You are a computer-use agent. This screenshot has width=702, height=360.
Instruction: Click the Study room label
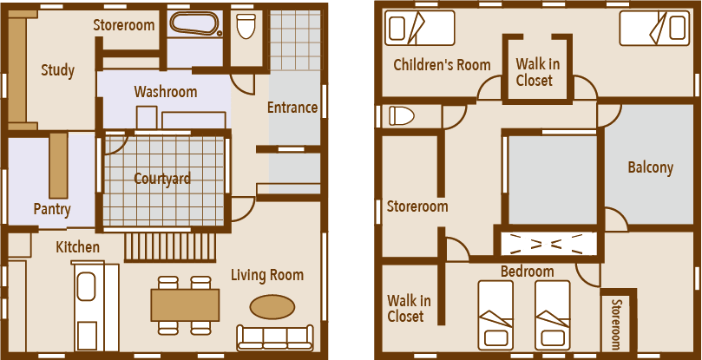coord(58,71)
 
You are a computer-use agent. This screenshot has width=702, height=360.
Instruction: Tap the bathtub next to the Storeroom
coord(195,23)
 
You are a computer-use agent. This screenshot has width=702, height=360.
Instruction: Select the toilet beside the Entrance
coord(246,26)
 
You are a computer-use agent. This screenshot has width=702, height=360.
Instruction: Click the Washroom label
coord(166,92)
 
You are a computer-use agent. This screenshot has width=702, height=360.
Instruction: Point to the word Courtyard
coord(162,179)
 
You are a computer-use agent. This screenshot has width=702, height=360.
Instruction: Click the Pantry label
coord(52,209)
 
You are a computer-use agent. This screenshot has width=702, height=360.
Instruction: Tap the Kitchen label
coord(77,246)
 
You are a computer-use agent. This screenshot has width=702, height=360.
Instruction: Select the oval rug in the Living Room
coord(272,307)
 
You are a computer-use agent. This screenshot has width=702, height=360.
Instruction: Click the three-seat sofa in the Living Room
coord(275,337)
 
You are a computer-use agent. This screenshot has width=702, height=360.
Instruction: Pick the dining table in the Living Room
coord(185,305)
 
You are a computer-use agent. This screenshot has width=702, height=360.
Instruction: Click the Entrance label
coord(292,108)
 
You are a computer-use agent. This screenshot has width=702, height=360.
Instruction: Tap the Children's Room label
coord(442,65)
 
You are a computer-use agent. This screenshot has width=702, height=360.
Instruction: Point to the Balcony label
coord(651,167)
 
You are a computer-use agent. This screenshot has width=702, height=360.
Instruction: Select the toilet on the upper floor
coord(402,116)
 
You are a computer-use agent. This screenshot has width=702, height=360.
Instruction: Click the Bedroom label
coord(527,272)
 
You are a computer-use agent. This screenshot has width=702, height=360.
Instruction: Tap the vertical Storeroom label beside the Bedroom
coord(616,324)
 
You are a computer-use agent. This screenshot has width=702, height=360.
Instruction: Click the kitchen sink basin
coord(86,286)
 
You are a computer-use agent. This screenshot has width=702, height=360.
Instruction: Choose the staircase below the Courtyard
coord(170,246)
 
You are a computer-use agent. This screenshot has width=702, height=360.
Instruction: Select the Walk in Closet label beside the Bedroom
coord(409,308)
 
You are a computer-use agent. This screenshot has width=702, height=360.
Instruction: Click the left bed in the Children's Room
coord(419,29)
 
